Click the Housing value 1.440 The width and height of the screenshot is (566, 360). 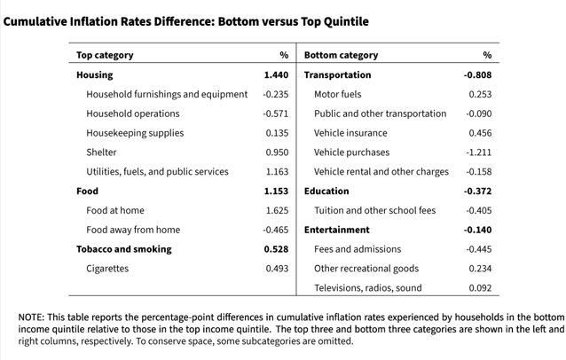pos(276,75)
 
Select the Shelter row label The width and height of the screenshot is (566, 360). pos(101,153)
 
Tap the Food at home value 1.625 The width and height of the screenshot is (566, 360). pos(277,210)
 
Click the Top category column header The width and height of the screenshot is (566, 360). pos(105,55)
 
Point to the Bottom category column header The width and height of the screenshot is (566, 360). pos(342,55)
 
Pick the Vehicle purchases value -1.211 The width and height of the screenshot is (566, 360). pos(479,153)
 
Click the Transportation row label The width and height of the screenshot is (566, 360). pos(337,75)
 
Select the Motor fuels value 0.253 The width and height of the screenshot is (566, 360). pos(480,94)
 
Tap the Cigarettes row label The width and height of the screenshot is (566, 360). pos(107,269)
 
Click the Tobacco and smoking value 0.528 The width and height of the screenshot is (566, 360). pos(276,249)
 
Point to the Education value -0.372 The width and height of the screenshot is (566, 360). pos(477,192)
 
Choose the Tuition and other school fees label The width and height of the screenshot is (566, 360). pos(374,210)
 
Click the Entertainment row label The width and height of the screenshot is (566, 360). pos(337,230)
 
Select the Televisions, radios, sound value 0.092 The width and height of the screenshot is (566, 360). pos(480,288)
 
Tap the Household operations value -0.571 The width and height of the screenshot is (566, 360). pos(275,113)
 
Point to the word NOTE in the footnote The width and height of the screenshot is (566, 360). pos(31,317)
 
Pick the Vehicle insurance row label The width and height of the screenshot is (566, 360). pos(350,133)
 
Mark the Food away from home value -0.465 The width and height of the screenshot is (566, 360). pos(275,230)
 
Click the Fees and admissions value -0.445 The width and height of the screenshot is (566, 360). pos(479,249)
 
